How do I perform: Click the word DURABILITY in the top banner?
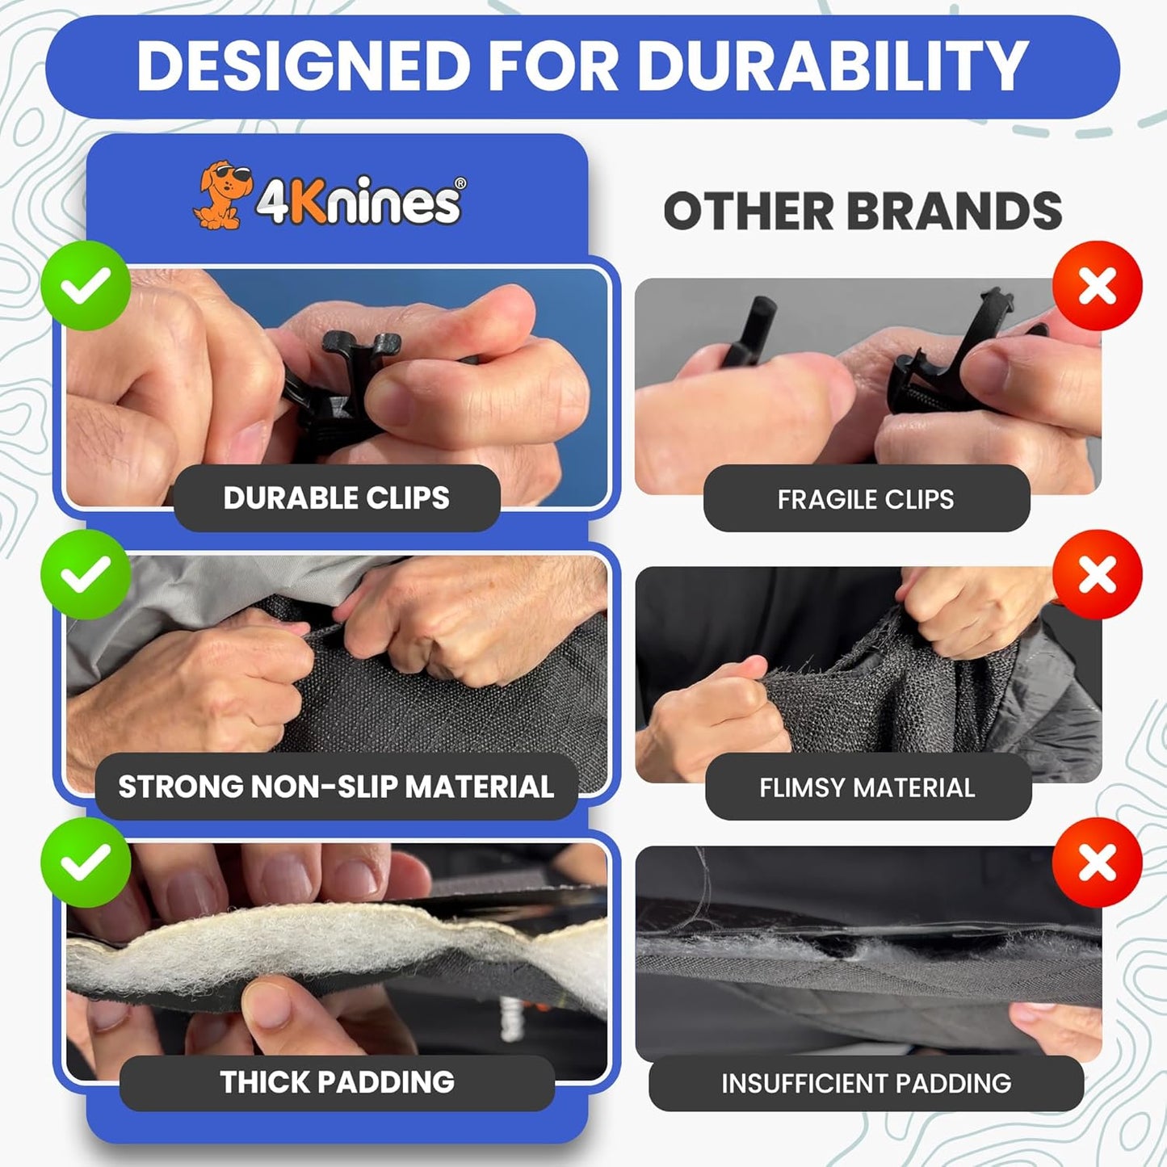tap(832, 66)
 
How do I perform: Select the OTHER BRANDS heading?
tap(863, 212)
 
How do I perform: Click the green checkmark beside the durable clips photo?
tap(86, 285)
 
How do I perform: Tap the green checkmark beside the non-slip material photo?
tap(86, 574)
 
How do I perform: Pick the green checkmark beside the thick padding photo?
tap(86, 862)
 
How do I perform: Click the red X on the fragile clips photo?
tap(1097, 285)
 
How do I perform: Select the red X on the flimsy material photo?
tap(1097, 574)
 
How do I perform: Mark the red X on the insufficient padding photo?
tap(1097, 862)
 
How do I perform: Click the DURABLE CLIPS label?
tap(336, 498)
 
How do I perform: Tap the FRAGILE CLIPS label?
tap(866, 499)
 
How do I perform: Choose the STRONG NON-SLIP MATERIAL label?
tap(336, 787)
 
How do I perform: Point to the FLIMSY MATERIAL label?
tap(867, 787)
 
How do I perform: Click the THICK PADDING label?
tap(337, 1082)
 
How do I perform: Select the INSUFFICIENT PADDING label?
tap(866, 1083)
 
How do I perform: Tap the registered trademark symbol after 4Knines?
tap(460, 183)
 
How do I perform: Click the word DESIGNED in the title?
tap(304, 66)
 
